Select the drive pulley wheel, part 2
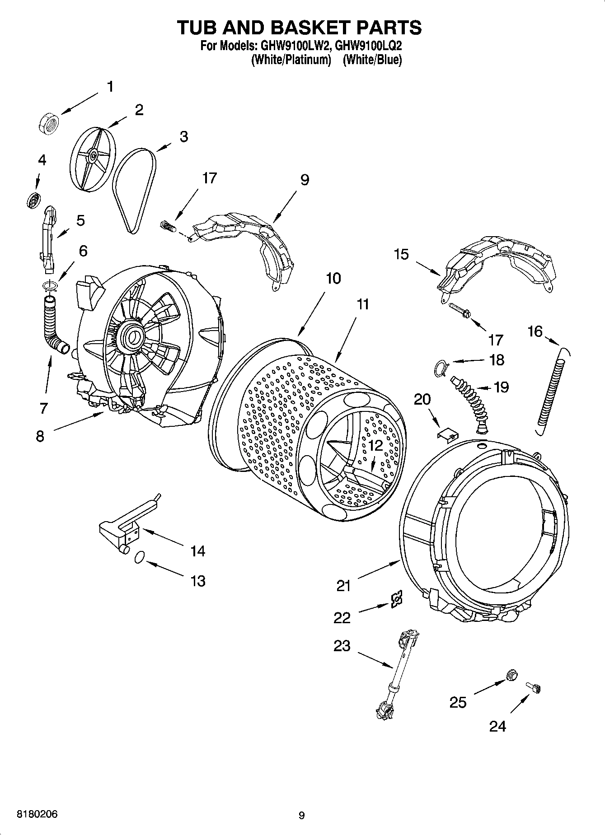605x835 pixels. click(x=93, y=156)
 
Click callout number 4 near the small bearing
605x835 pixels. click(x=42, y=160)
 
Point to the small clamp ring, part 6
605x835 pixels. click(x=50, y=285)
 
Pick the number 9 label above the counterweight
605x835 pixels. click(x=305, y=180)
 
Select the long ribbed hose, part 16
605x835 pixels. click(x=551, y=391)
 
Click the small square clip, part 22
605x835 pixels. click(x=397, y=599)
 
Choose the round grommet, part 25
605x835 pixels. click(x=512, y=675)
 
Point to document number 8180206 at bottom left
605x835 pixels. click(x=37, y=814)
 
